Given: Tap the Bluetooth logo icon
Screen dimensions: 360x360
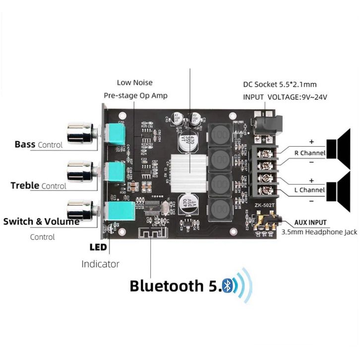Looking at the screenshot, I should click(229, 287).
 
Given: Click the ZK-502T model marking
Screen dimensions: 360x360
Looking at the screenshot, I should click(264, 204).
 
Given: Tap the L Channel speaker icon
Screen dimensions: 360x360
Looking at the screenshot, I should click(342, 189).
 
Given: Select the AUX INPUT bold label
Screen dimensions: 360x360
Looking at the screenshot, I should click(310, 223).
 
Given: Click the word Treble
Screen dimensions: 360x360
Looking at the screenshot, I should click(25, 185).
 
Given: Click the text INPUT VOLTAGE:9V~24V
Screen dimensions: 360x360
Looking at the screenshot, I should click(286, 97).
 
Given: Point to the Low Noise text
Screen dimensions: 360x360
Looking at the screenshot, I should click(134, 82).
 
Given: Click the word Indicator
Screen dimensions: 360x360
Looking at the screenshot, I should click(100, 264).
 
